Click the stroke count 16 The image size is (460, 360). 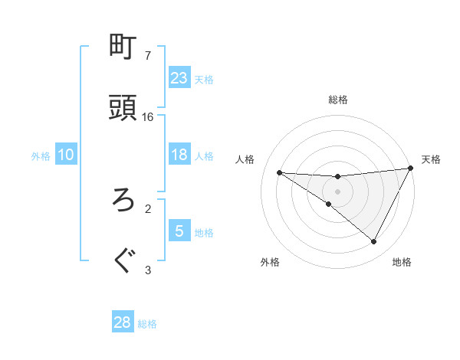coord(148,117)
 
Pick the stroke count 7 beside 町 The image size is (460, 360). coord(148,56)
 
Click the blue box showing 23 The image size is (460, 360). coord(179,78)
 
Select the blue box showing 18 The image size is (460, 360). coord(179,155)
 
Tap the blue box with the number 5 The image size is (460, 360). coord(179,231)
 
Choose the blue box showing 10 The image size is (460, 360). coord(66,155)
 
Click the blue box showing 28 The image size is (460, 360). coord(123,322)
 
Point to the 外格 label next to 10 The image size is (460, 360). coord(41,155)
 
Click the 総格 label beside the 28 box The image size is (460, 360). coord(147,324)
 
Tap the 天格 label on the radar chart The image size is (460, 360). coord(431,159)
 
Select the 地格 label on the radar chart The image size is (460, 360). coord(402,262)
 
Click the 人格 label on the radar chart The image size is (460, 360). coord(245,159)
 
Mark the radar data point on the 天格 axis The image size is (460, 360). coord(410,169)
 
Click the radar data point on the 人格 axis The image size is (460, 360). coord(279,172)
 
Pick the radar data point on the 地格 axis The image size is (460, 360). coord(374,242)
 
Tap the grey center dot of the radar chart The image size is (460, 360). coord(337,191)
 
